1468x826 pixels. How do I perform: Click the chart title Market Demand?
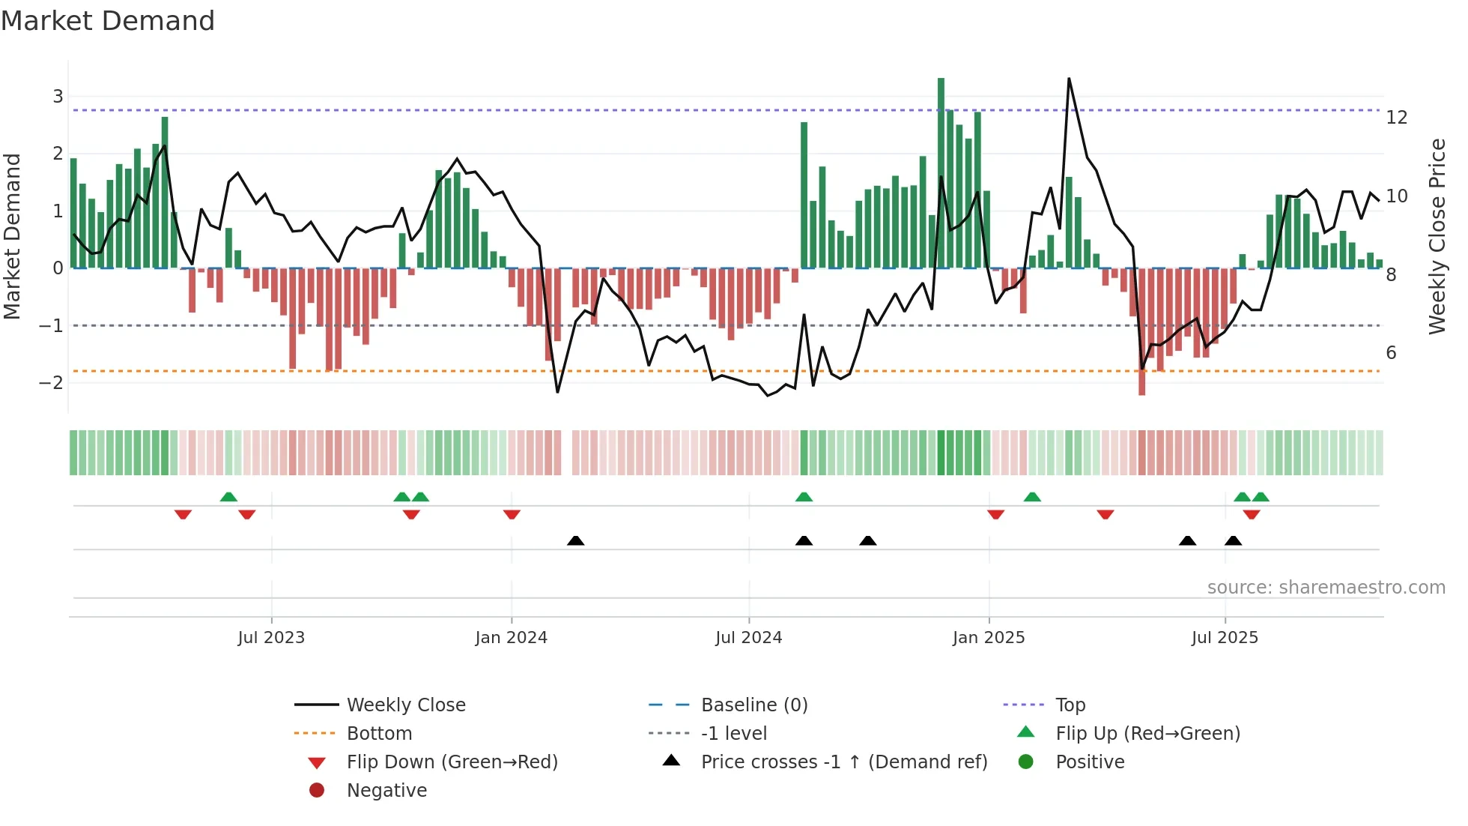point(108,21)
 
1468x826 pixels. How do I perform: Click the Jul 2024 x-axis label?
point(748,638)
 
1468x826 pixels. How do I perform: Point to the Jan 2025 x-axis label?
point(988,638)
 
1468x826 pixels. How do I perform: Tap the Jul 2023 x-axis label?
point(271,638)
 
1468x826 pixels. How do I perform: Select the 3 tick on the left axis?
point(58,96)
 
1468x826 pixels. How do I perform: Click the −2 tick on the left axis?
point(51,383)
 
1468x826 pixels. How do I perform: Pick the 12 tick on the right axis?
point(1396,118)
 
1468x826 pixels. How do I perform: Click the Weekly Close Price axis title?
point(1437,236)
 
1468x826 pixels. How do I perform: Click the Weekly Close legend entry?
point(405,705)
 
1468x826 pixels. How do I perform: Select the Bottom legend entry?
point(379,734)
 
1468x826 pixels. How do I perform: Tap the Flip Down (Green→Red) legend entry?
point(452,762)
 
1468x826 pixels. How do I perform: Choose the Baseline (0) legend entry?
point(753,705)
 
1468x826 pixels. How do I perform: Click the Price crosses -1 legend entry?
point(843,762)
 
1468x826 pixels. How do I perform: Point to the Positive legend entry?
point(1089,762)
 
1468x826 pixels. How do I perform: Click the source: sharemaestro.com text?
point(1326,588)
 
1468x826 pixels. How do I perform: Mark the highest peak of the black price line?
point(1069,79)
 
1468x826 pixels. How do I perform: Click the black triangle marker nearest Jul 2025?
point(1233,540)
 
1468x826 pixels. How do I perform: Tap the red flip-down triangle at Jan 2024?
point(512,514)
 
